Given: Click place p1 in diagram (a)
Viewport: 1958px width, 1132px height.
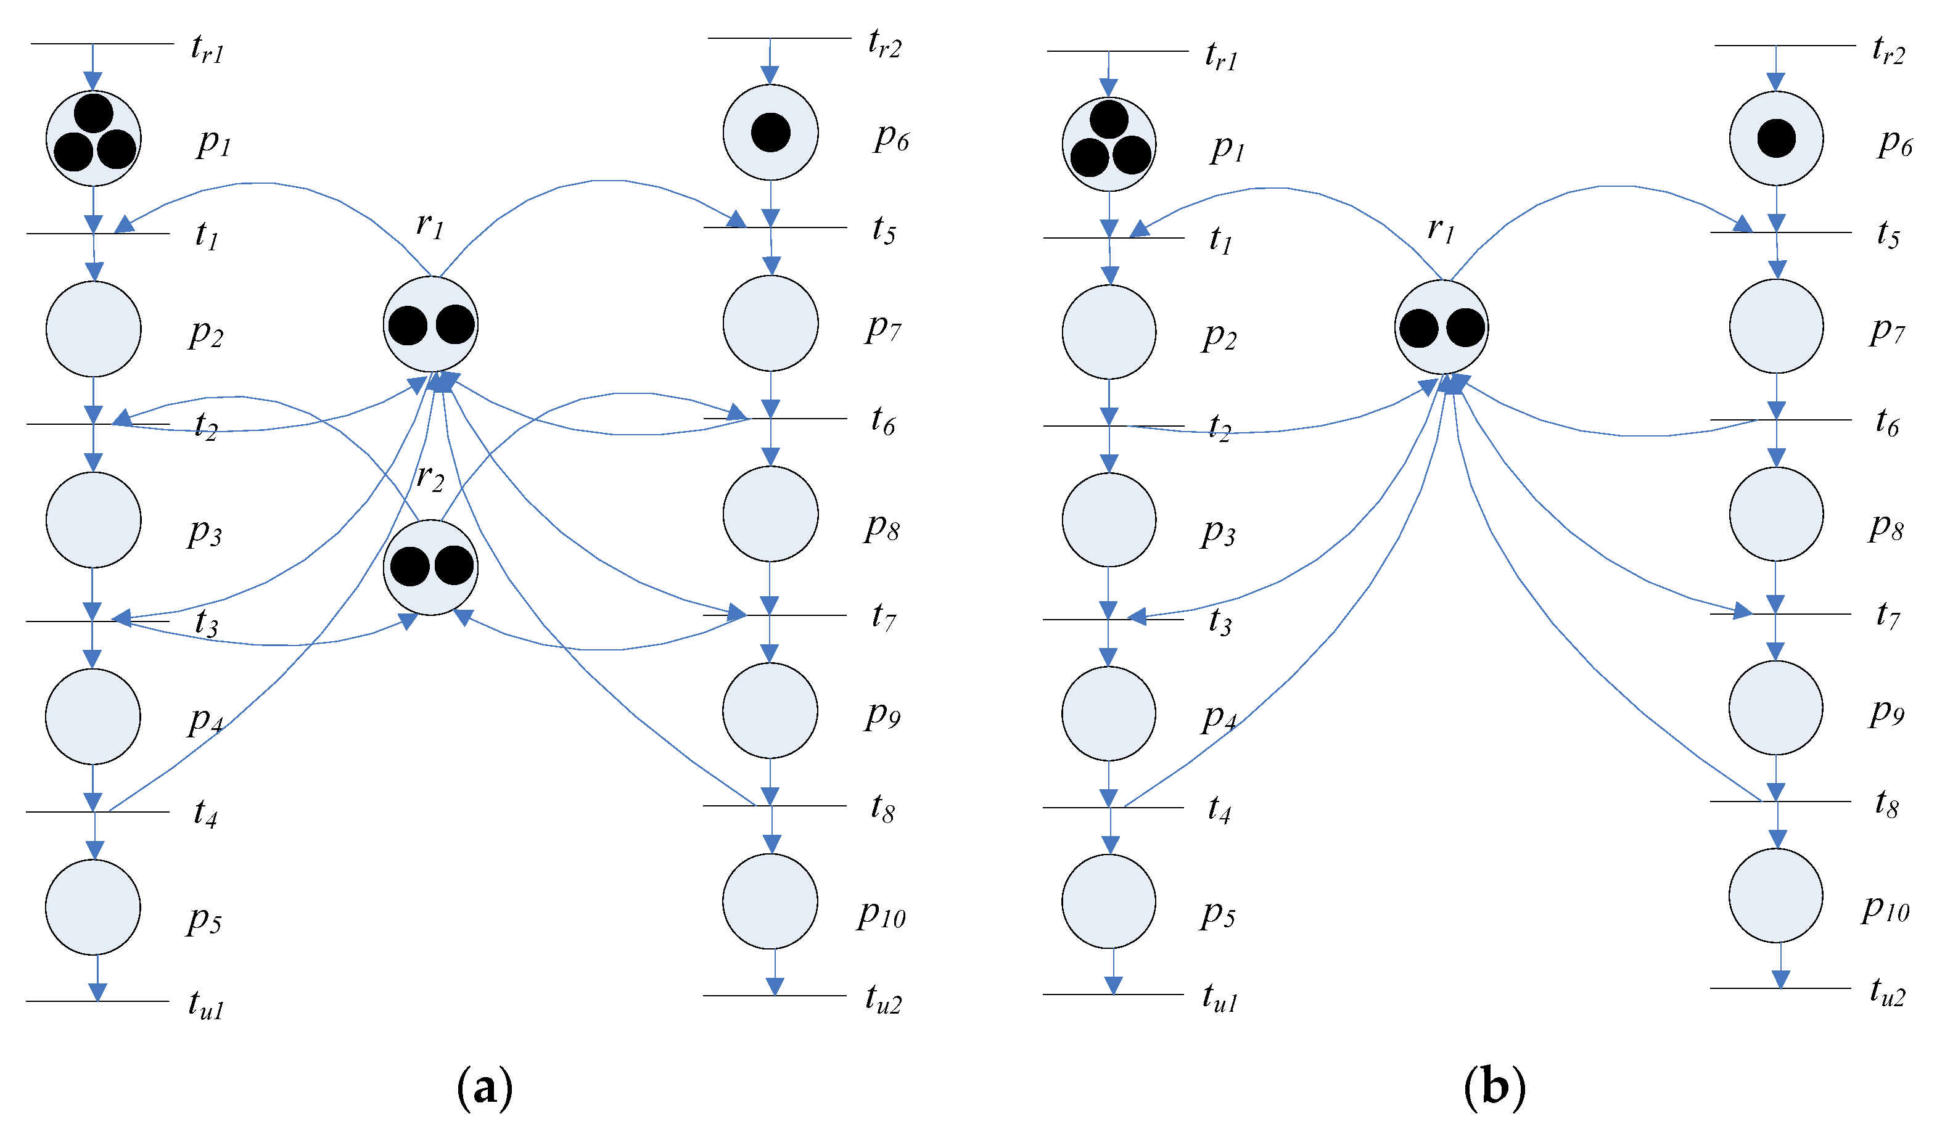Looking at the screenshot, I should pyautogui.click(x=93, y=138).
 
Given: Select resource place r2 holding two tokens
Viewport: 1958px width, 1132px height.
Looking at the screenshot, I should pyautogui.click(x=430, y=567).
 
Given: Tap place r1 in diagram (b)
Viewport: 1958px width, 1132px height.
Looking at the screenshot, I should pyautogui.click(x=1441, y=327).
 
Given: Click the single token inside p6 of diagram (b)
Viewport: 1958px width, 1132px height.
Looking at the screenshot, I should pyautogui.click(x=1776, y=138).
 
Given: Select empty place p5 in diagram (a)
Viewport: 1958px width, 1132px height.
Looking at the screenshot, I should pyautogui.click(x=93, y=907).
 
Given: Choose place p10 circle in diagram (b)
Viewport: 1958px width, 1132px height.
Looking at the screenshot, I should pyautogui.click(x=1775, y=895).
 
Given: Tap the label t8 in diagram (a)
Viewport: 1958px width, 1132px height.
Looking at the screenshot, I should pyautogui.click(x=882, y=808).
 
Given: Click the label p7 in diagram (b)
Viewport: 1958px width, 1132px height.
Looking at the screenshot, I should pyautogui.click(x=1886, y=330).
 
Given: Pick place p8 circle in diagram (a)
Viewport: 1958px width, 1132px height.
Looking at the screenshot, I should pyautogui.click(x=770, y=514).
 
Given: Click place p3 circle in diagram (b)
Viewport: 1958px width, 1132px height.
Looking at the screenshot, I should pyautogui.click(x=1109, y=519).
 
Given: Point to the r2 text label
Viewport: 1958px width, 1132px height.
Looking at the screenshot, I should pyautogui.click(x=430, y=476).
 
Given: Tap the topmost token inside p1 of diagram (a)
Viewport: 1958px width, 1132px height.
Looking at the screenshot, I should pyautogui.click(x=94, y=113).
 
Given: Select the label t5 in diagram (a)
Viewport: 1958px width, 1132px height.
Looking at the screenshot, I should pyautogui.click(x=884, y=230).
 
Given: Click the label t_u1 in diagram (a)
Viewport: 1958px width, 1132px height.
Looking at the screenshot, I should pyautogui.click(x=206, y=1004).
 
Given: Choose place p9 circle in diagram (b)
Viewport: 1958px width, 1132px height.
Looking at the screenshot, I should pyautogui.click(x=1775, y=707).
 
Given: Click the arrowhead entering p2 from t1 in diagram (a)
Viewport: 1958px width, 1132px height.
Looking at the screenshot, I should pyautogui.click(x=94, y=271).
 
